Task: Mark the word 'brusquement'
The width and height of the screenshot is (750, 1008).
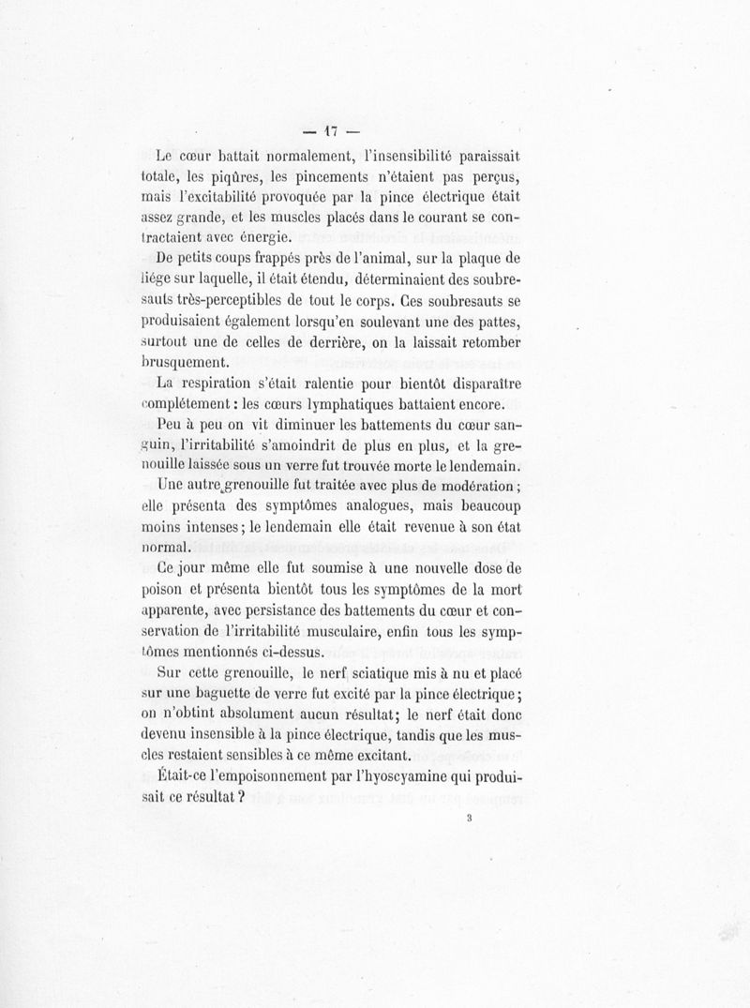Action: click(187, 363)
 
